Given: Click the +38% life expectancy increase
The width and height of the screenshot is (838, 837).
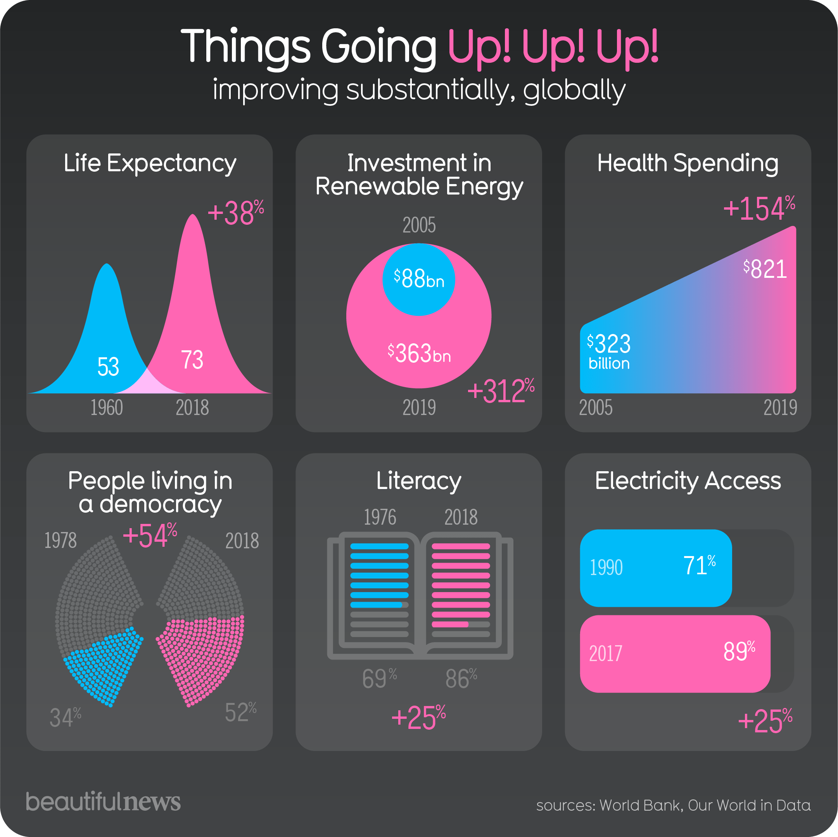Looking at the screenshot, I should (235, 213).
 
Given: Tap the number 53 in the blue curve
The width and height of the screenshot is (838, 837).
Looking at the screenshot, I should (108, 367).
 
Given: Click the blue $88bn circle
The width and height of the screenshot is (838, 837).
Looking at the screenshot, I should (418, 279).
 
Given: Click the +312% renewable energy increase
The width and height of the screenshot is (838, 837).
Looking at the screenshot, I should (501, 391).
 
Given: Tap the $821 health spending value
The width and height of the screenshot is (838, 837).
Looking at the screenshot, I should (765, 269).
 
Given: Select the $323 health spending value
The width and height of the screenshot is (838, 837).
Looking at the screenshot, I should (609, 344).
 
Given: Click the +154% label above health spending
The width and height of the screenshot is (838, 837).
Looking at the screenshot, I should (759, 208).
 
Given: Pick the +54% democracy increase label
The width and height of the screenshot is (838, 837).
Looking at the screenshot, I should (150, 536).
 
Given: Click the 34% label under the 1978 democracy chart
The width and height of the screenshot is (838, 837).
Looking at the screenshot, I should (66, 717).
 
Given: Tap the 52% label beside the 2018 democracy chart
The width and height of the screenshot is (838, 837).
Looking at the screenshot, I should (241, 712).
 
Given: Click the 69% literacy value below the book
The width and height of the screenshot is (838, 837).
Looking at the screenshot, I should (380, 679).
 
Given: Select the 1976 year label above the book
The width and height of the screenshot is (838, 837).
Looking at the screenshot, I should (380, 517).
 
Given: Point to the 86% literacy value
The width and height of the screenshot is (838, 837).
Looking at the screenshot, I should (461, 679).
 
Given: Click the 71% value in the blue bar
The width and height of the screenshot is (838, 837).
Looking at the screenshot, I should (699, 566).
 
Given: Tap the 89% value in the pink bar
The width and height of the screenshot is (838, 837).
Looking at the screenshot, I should (739, 651).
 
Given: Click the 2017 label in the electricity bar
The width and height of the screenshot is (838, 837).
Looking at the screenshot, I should (605, 654).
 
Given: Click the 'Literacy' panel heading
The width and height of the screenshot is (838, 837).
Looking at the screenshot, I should (418, 481).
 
